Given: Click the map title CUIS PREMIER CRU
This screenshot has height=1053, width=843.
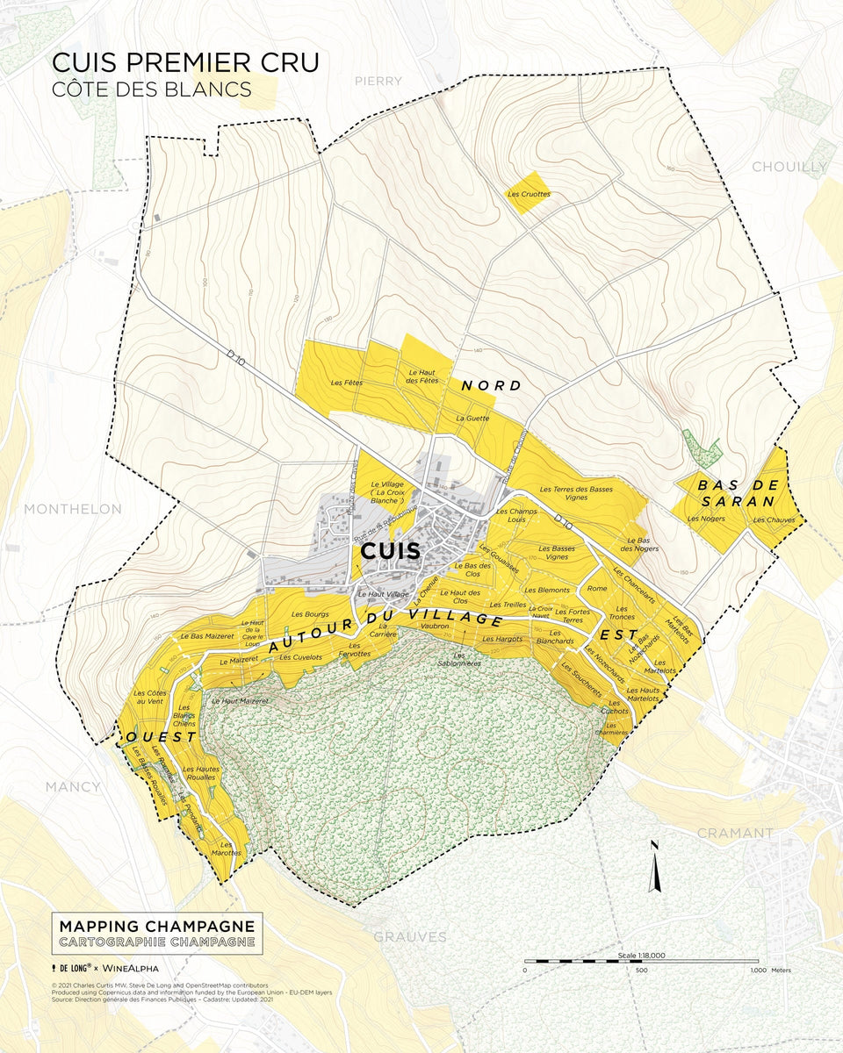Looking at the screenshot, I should click(184, 62).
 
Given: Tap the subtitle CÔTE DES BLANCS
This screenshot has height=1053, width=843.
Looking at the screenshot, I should click(152, 89).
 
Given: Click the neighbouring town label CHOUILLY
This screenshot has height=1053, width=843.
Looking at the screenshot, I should click(789, 167).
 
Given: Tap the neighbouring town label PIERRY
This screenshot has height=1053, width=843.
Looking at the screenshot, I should click(378, 81).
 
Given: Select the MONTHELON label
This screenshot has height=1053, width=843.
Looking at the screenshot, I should click(73, 509).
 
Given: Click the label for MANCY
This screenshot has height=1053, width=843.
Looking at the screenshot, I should click(73, 786).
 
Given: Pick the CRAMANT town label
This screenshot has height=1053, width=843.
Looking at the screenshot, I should click(735, 833).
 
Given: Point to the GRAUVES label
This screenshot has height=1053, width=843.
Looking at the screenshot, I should click(410, 937).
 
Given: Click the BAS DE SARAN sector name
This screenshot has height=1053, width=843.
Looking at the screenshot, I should click(736, 493).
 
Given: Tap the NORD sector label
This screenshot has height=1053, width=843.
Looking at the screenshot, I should click(491, 385).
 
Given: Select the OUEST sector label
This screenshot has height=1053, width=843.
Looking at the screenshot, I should click(162, 737).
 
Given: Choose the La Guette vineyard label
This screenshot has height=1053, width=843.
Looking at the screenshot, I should click(472, 419).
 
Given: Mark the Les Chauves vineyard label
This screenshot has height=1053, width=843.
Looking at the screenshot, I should click(774, 519).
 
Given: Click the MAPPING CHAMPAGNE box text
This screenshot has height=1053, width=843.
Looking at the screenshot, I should click(157, 927).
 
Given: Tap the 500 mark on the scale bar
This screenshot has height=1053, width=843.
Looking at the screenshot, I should click(641, 971).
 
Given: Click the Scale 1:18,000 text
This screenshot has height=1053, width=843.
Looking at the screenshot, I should click(641, 955).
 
